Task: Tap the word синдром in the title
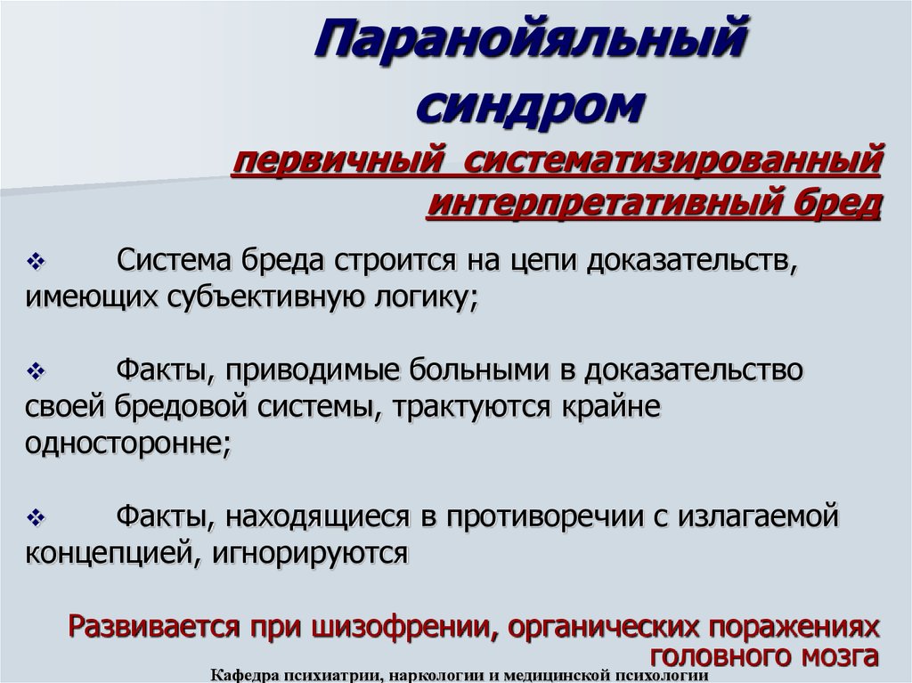[x=531, y=106]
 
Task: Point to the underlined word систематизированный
[x=673, y=160]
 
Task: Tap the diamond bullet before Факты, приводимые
[x=36, y=370]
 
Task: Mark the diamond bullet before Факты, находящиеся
[x=36, y=516]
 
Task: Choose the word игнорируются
[x=310, y=554]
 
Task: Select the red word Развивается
[x=154, y=627]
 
